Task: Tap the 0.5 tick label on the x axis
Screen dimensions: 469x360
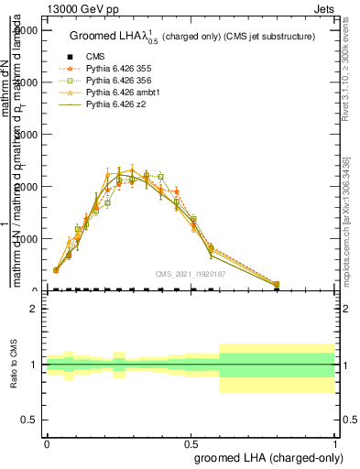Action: click(191, 442)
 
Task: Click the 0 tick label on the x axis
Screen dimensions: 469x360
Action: click(46, 442)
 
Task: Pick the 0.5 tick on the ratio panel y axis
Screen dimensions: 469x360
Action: click(30, 420)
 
